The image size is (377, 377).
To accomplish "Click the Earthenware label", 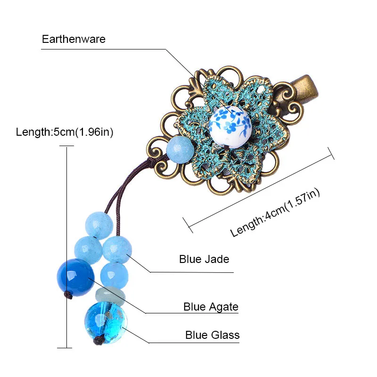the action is point(74,39).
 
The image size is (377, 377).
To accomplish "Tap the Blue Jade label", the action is point(204,259).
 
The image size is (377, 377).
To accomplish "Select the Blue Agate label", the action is point(211,307).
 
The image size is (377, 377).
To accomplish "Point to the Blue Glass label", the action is point(213,335).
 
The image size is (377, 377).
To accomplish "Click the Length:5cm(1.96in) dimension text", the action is point(65,132).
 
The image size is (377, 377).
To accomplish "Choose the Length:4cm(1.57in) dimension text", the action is point(275,213).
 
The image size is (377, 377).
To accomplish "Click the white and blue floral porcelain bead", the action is point(230,127).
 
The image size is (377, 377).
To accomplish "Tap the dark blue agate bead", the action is point(75,278).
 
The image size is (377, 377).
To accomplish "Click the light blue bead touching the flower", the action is point(180,149).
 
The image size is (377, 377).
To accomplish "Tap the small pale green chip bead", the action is point(110,296).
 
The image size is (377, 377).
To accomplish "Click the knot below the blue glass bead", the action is point(98,340).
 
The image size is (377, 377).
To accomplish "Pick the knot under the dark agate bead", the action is point(69,295).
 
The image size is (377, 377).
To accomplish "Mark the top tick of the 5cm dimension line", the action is point(66,146).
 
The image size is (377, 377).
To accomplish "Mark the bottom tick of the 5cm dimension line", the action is point(65,348).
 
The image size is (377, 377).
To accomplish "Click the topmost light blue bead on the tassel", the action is point(99,225).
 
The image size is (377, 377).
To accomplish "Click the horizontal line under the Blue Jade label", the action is point(192,272).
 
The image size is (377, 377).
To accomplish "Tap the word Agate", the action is point(223,307).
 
